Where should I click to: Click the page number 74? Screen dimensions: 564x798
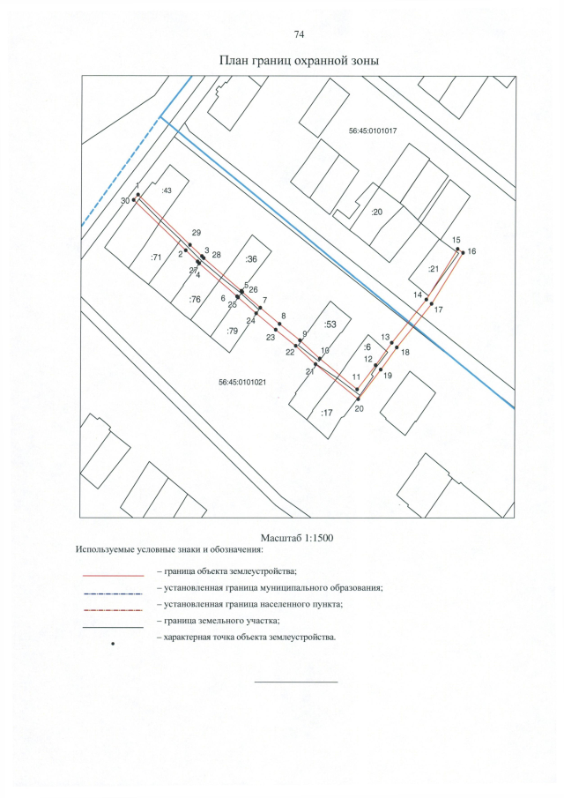pyautogui.click(x=299, y=34)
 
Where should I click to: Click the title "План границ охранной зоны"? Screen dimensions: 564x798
pyautogui.click(x=299, y=61)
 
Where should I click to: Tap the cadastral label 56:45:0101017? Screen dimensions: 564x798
pyautogui.click(x=373, y=131)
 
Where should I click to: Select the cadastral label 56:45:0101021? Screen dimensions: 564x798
pyautogui.click(x=243, y=382)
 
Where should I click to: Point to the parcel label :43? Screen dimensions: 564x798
pyautogui.click(x=167, y=190)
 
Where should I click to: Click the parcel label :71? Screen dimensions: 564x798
pyautogui.click(x=156, y=257)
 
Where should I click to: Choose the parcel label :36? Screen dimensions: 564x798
pyautogui.click(x=251, y=259)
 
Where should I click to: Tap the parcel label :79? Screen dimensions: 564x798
pyautogui.click(x=232, y=332)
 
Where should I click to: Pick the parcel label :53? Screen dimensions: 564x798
pyautogui.click(x=330, y=324)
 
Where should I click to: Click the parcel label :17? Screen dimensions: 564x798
pyautogui.click(x=327, y=413)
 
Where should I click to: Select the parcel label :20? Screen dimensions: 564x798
pyautogui.click(x=376, y=213)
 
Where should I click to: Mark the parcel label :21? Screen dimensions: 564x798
pyautogui.click(x=433, y=269)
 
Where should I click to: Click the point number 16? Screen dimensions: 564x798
pyautogui.click(x=471, y=251)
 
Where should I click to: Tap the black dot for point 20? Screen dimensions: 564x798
pyautogui.click(x=359, y=399)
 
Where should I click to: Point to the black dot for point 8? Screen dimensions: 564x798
pyautogui.click(x=279, y=324)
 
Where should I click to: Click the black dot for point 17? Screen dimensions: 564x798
pyautogui.click(x=431, y=304)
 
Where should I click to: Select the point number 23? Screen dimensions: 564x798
pyautogui.click(x=271, y=337)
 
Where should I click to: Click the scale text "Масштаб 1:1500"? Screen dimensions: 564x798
pyautogui.click(x=297, y=538)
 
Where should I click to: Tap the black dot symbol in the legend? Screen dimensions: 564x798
pyautogui.click(x=113, y=644)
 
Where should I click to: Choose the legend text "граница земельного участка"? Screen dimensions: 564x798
pyautogui.click(x=222, y=621)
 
